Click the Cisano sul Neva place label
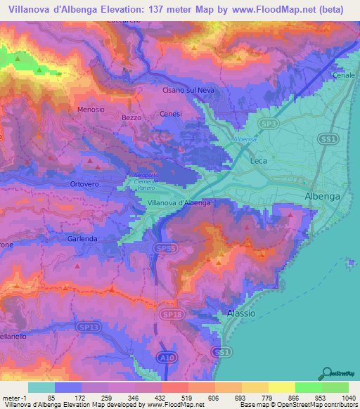click(x=188, y=91)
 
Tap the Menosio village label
click(x=91, y=110)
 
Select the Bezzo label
click(x=131, y=117)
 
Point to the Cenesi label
click(x=171, y=114)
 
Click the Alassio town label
click(x=242, y=313)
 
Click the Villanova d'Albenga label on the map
click(x=179, y=202)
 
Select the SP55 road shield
click(x=162, y=249)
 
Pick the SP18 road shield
click(x=169, y=313)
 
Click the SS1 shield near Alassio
click(x=222, y=351)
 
